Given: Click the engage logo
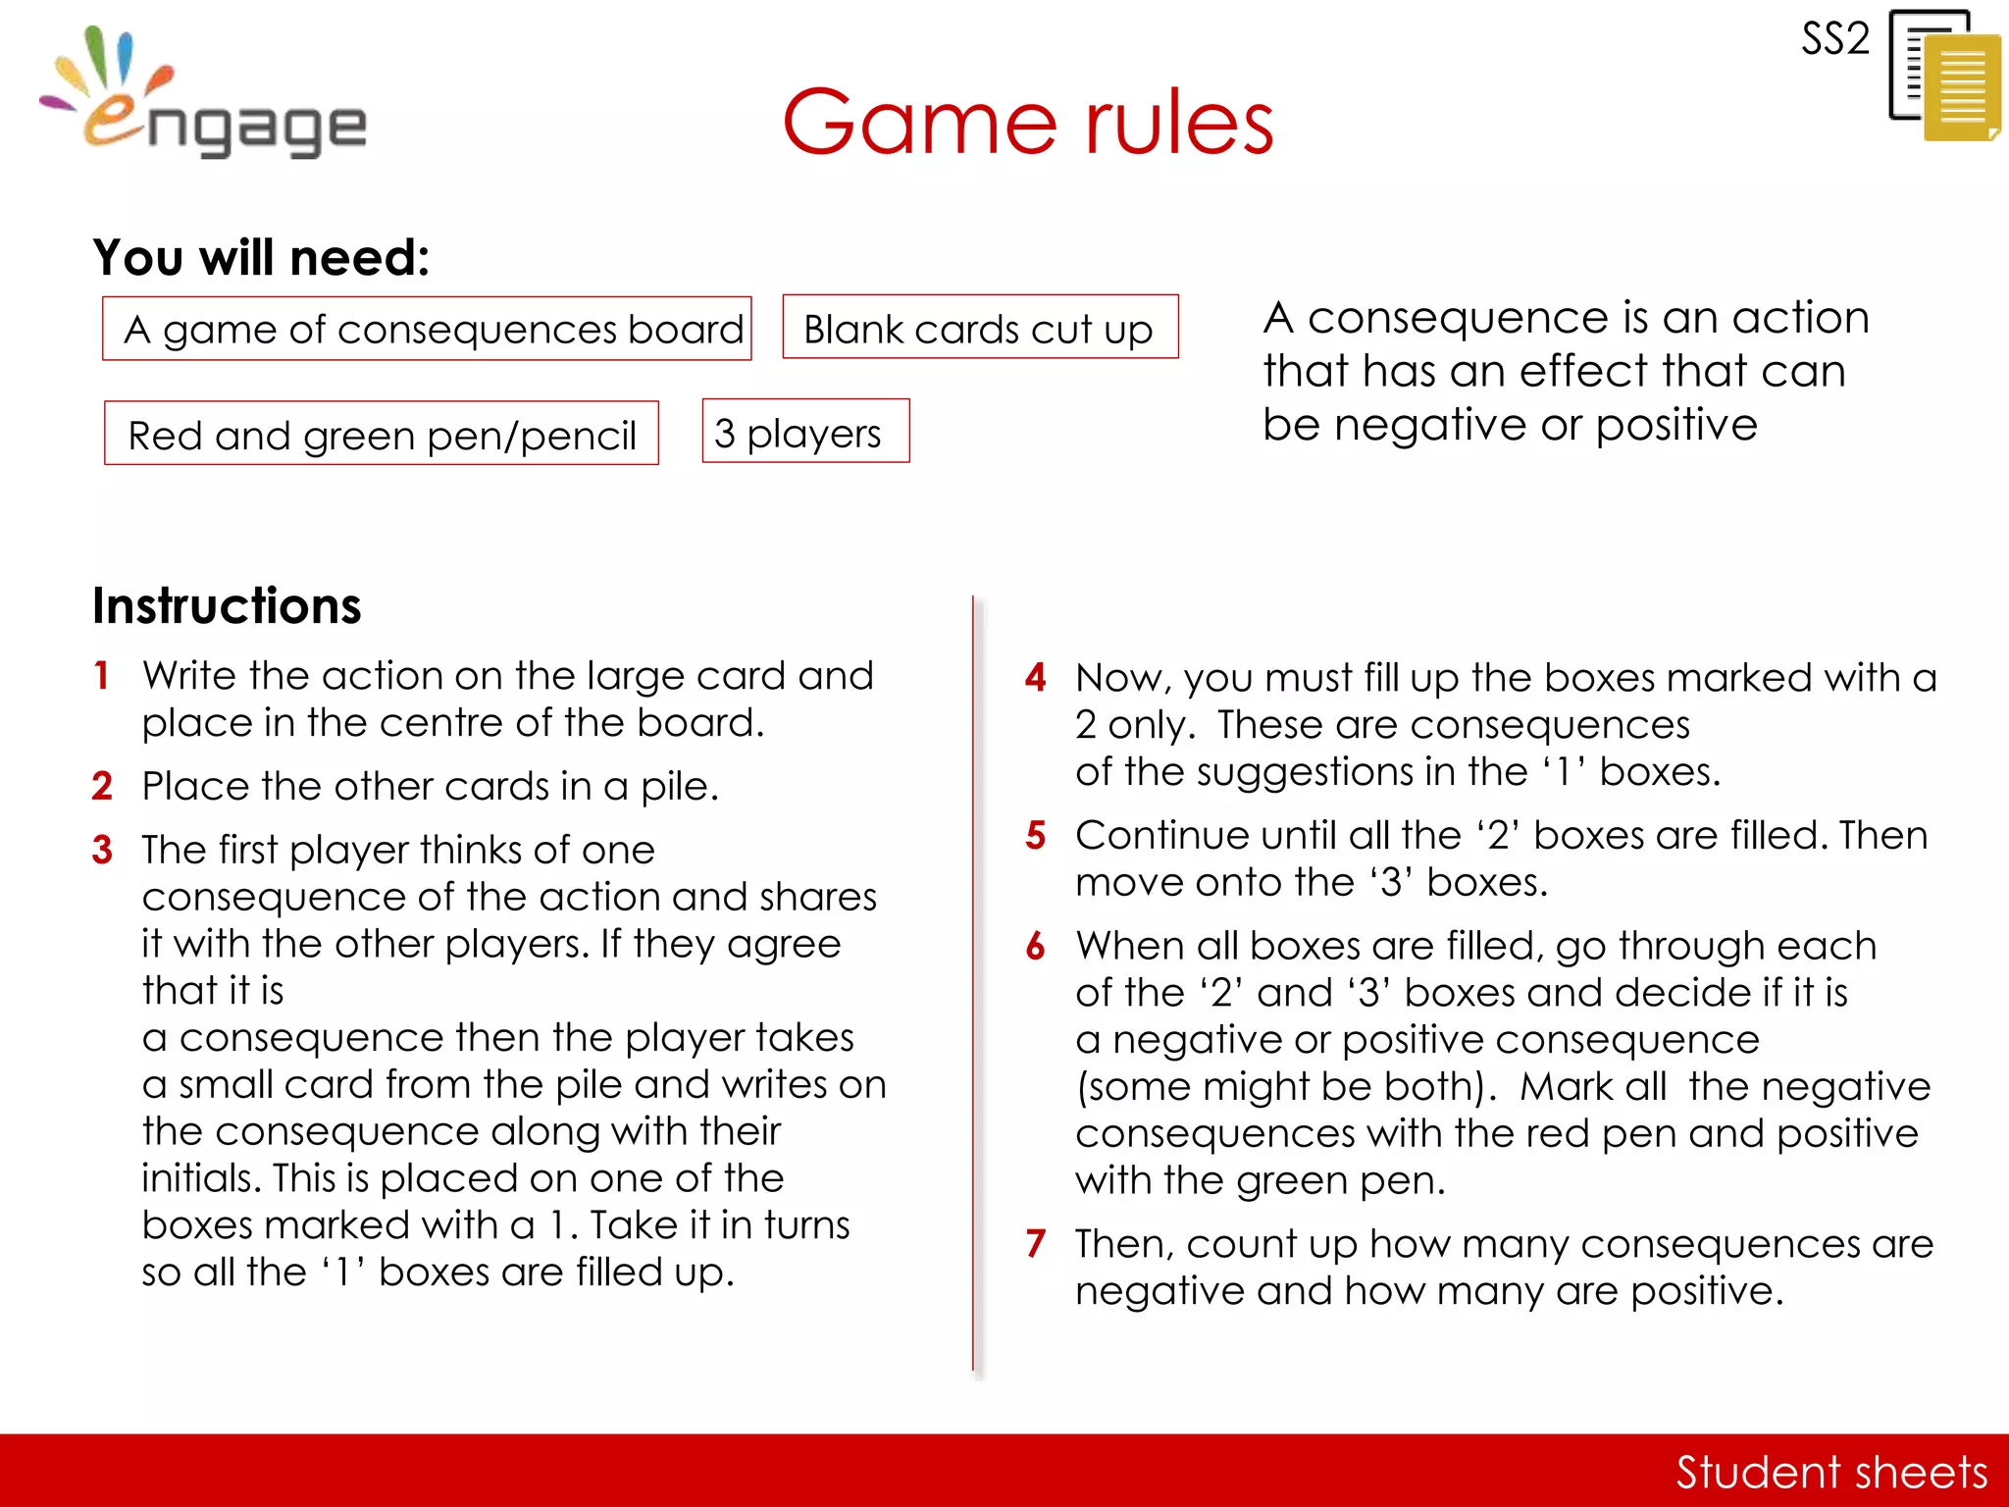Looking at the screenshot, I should coord(206,98).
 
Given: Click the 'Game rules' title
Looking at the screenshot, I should coord(1027,123).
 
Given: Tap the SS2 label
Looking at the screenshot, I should coord(1834,39).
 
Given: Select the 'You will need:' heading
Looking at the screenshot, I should coord(261,258).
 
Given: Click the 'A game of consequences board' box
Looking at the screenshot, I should coord(427,329).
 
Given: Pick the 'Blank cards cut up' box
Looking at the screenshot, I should coord(980,328).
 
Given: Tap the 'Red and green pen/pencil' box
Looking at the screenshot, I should coord(382,434).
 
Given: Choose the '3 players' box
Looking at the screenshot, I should coord(805,432).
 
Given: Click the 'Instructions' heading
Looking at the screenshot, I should coord(227,605).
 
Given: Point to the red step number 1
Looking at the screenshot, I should coord(101,676).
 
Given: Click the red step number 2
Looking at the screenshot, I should coord(102,786).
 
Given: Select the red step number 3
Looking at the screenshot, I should coord(102,850).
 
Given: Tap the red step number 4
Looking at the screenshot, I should coord(1035,678).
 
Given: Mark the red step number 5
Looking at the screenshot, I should coord(1036,836).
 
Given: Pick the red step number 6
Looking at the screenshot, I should coord(1036,947).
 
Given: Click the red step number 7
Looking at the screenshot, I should coord(1036,1244).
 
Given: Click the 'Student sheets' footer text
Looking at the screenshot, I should coord(1830,1472).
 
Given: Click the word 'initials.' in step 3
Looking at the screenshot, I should coord(200,1178).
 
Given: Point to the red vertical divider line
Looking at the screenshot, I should coord(973,981).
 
